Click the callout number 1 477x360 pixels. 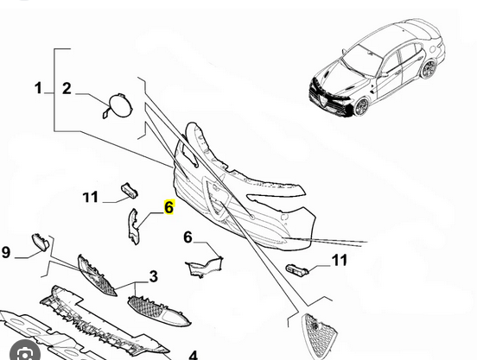point(38,88)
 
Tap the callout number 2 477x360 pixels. point(67,88)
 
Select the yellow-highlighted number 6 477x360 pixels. point(169,207)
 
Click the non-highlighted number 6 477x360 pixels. point(188,237)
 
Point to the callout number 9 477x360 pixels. point(6,252)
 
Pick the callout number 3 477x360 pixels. point(153,276)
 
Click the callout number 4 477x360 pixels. point(194,356)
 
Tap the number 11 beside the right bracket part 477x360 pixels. point(340,261)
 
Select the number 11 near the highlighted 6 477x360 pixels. point(91,197)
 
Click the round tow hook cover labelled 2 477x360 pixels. point(120,105)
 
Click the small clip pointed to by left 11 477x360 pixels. point(130,190)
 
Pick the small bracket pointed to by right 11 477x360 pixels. point(297,269)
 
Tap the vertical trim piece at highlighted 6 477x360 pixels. point(133,226)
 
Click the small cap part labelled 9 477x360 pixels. point(41,242)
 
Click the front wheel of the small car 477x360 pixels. point(361,106)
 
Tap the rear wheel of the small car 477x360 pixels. point(429,70)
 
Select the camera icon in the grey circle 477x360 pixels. point(24,353)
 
